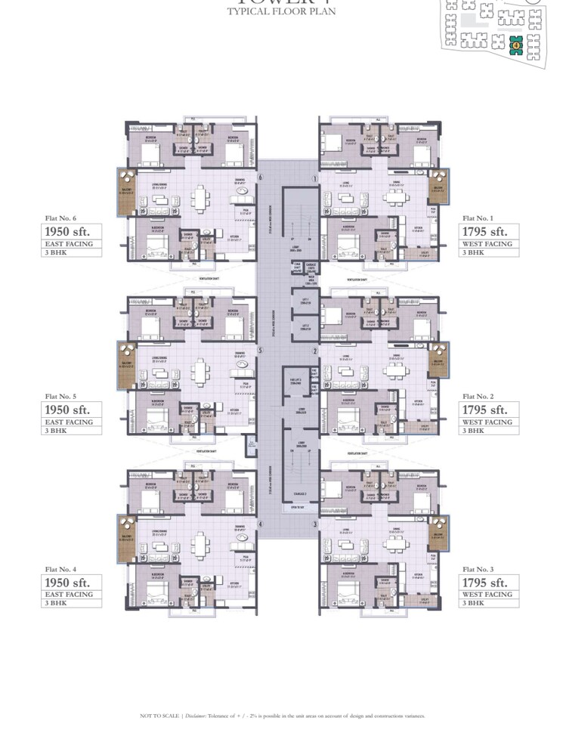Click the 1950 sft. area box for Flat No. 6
[x=72, y=231]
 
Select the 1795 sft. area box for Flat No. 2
[x=490, y=410]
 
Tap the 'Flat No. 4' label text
[x=60, y=569]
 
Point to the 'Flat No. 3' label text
[x=478, y=569]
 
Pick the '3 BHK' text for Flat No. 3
[x=473, y=603]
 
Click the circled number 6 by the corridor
[x=260, y=178]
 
